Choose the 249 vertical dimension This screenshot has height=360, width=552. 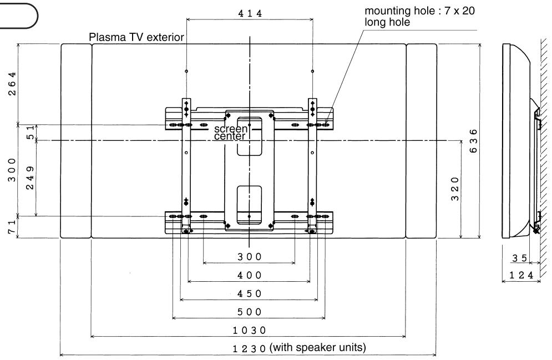pyautogui.click(x=30, y=178)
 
